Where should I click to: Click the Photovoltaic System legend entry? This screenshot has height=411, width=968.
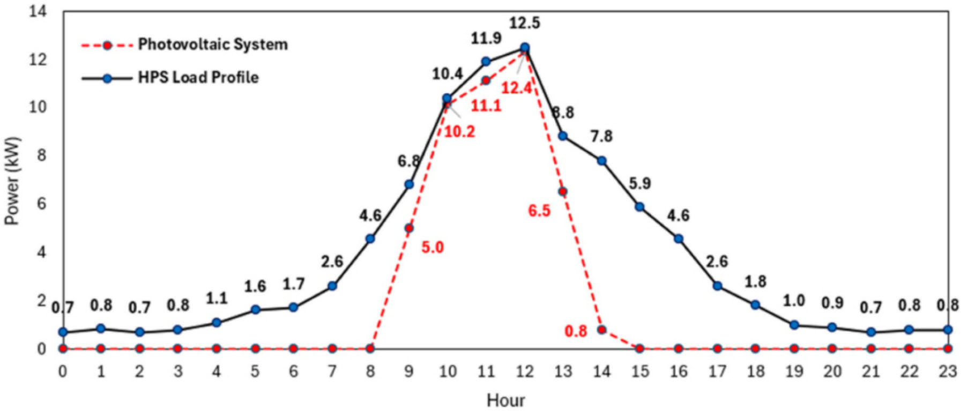click(184, 44)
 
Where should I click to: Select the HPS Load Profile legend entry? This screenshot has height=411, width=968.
click(170, 78)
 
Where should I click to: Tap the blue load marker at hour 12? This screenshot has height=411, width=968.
click(525, 48)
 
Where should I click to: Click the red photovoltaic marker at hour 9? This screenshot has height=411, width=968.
click(409, 228)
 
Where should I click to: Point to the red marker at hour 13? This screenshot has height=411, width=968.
click(563, 191)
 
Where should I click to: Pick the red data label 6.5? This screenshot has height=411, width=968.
click(539, 211)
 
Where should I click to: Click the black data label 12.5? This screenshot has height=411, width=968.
click(525, 24)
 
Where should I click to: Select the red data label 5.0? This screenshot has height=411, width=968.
click(433, 248)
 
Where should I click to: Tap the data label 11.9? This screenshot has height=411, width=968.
click(486, 39)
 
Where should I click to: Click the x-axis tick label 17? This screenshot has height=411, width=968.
click(717, 371)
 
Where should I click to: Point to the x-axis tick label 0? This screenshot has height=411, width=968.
click(63, 371)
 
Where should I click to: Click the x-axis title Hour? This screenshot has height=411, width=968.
click(505, 400)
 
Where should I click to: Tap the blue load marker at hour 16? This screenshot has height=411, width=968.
click(679, 239)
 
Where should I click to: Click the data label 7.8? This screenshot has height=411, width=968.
click(601, 137)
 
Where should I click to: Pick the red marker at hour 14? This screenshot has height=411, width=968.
click(601, 330)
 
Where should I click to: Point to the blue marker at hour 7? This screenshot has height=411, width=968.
click(332, 286)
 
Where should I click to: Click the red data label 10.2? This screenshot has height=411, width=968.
click(459, 132)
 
